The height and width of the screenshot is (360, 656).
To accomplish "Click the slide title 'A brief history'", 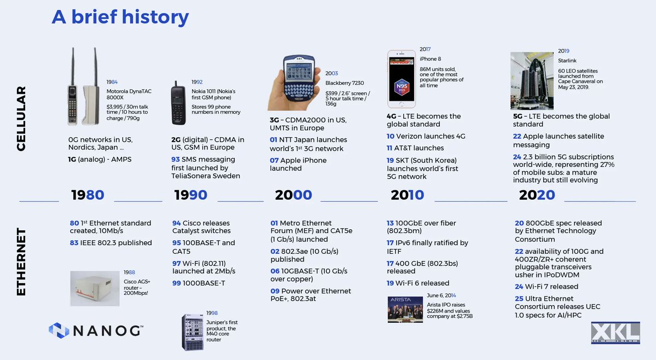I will [120, 17].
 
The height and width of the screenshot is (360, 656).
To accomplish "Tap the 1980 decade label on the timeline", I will [88, 195].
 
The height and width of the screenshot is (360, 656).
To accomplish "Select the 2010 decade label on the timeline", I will [408, 195].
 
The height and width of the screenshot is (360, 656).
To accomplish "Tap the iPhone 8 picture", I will [401, 79].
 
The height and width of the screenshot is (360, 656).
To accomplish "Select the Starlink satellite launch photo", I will [532, 80].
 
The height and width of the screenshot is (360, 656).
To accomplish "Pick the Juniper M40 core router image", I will [193, 332].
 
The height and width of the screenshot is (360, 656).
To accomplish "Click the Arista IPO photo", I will [405, 309].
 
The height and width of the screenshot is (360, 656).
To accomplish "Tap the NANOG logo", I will [96, 330].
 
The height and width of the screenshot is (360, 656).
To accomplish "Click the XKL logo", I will [616, 333].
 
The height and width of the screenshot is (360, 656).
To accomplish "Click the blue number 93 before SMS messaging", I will [176, 159].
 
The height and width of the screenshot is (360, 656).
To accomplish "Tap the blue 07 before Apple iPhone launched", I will [274, 160].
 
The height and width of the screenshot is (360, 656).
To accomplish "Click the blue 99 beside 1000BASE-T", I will [176, 283].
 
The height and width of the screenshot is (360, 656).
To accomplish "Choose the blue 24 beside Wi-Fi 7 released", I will [519, 286].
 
